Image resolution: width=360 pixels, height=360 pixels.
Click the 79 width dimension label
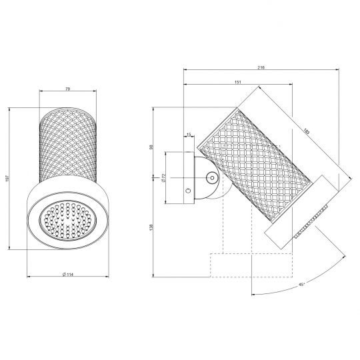[x=68, y=89]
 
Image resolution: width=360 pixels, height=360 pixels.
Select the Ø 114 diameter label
[x=68, y=274]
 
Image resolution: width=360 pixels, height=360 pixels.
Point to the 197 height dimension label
[x=7, y=179]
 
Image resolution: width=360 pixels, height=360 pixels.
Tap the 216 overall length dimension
[x=261, y=67]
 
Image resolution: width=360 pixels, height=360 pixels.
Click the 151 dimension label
[x=238, y=82]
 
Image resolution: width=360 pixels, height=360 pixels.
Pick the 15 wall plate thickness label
[x=189, y=135]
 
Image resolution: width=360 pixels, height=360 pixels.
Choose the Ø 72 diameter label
[x=163, y=178]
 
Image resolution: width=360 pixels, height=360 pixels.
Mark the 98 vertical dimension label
[x=151, y=147]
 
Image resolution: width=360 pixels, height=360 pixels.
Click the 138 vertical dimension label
[x=151, y=227]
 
